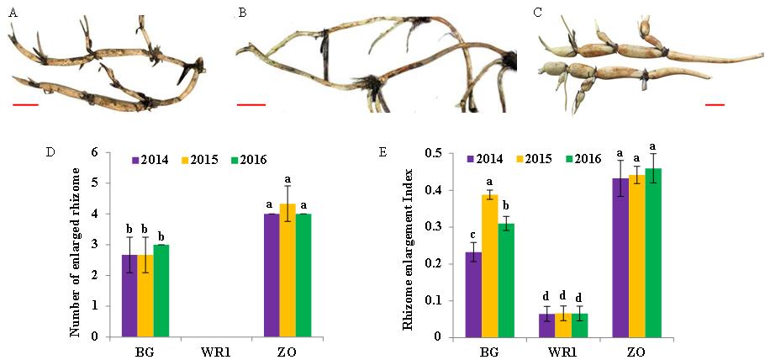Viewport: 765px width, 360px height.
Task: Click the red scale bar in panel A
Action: [x=25, y=105]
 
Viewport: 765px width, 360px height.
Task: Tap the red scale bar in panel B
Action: [x=251, y=105]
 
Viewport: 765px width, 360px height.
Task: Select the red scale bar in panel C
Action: [x=715, y=105]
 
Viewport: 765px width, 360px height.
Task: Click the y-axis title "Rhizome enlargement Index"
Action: [x=409, y=243]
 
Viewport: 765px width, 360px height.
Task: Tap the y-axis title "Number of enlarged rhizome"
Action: [x=76, y=245]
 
